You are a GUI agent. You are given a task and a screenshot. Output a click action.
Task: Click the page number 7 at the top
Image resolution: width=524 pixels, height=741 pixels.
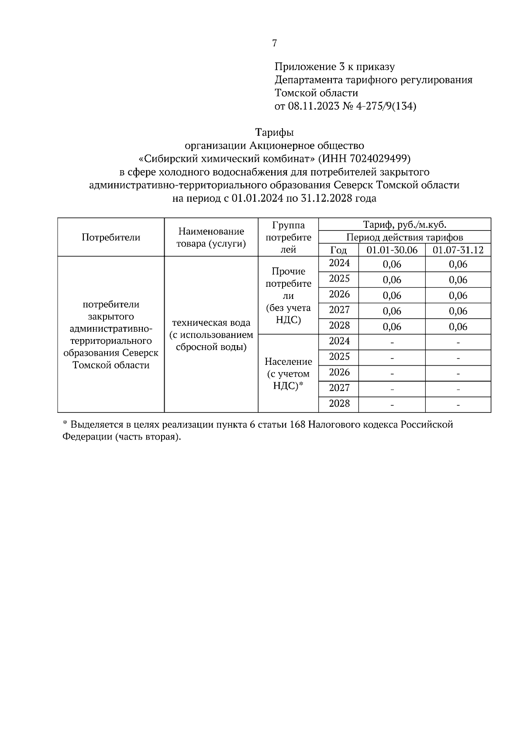click(x=274, y=43)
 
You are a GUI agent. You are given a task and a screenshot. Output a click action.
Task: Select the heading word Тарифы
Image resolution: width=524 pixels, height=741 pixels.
click(x=274, y=132)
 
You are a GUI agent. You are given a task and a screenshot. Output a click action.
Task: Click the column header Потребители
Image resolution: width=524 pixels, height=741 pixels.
click(x=111, y=237)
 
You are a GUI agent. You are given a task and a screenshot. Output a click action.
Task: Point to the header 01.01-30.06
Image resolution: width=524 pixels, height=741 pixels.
click(x=392, y=250)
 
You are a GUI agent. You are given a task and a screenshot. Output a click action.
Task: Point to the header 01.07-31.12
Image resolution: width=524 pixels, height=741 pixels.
click(x=458, y=250)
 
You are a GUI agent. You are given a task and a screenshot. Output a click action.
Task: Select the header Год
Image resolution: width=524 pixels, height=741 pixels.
click(x=338, y=250)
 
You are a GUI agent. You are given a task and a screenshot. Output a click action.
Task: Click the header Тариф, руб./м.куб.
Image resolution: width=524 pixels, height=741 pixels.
click(x=405, y=225)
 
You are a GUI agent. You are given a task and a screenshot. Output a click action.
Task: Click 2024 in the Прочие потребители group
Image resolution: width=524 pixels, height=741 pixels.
click(x=339, y=263)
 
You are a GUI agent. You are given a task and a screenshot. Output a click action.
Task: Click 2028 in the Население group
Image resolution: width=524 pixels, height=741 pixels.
click(x=339, y=404)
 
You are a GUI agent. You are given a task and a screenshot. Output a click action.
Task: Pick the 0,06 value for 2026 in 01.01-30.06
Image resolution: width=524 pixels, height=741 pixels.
click(x=392, y=296)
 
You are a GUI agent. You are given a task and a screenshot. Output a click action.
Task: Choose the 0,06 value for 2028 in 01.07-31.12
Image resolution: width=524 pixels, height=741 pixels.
click(x=458, y=327)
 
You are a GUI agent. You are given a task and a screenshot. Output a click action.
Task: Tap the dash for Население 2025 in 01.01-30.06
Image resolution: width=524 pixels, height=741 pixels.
click(x=392, y=358)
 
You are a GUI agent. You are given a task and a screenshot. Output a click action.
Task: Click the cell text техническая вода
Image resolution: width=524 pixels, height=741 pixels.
click(x=211, y=323)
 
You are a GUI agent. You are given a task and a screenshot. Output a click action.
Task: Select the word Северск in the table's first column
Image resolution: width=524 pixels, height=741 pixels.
click(x=141, y=353)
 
